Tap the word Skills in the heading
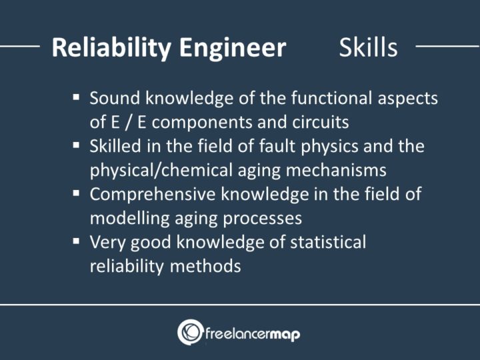point(368,47)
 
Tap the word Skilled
point(113,146)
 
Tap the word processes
point(262,218)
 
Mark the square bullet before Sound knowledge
point(77,97)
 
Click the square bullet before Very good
point(77,241)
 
